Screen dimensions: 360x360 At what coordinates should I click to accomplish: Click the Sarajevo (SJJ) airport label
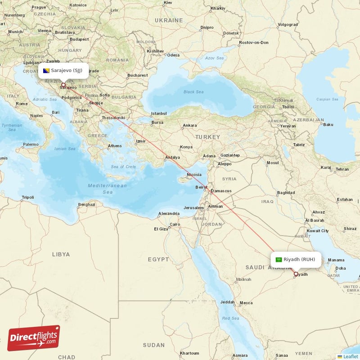(67, 70)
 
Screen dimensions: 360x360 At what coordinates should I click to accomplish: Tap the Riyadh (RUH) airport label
(299, 259)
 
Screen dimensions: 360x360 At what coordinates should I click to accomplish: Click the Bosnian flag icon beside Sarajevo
(46, 71)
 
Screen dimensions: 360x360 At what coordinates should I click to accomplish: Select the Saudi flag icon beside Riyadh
(279, 260)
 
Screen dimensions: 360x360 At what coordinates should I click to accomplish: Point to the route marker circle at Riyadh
(296, 274)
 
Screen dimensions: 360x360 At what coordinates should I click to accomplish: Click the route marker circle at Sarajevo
(63, 85)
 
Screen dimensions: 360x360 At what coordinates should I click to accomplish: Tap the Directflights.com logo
(34, 338)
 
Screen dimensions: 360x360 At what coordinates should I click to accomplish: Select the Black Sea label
(194, 92)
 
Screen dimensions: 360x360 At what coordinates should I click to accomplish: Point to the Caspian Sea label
(327, 99)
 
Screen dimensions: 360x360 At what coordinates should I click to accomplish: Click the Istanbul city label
(159, 113)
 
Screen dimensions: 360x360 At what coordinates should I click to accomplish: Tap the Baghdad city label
(286, 193)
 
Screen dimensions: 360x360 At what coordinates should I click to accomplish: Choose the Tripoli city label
(28, 198)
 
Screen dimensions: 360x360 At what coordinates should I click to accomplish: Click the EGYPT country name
(158, 259)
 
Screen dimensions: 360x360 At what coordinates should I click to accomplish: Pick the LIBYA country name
(61, 254)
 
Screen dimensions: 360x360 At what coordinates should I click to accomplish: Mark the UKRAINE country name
(169, 20)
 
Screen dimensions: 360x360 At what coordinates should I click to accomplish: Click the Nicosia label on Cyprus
(194, 175)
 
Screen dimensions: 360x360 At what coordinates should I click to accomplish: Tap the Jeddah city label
(227, 302)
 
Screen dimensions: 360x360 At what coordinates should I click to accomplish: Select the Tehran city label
(342, 169)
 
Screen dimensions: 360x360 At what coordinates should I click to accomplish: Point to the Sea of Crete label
(123, 167)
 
